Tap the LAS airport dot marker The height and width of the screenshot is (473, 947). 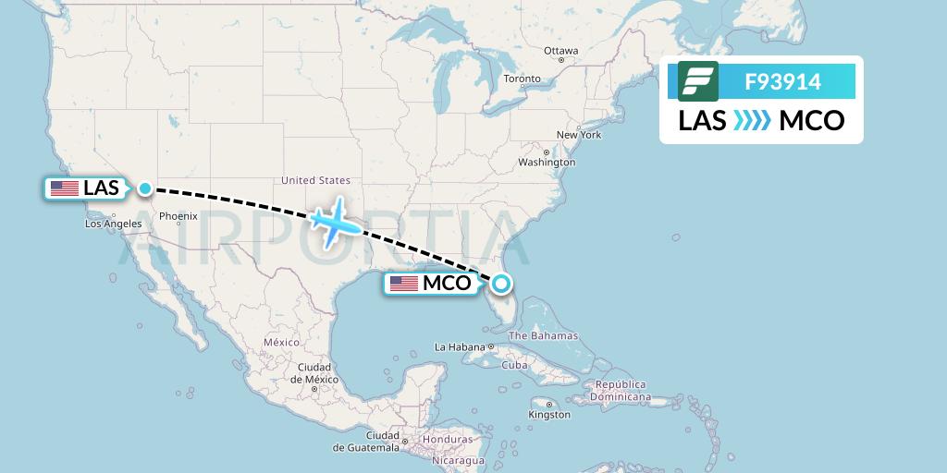[145, 188]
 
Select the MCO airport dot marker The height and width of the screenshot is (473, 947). [500, 284]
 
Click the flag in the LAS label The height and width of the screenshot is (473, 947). [65, 188]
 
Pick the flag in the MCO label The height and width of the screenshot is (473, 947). [404, 284]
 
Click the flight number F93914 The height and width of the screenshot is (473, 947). [782, 81]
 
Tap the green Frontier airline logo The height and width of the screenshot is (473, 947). [697, 81]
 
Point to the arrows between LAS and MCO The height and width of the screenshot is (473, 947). [752, 121]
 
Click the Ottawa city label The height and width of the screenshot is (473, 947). [560, 51]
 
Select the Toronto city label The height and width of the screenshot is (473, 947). [522, 79]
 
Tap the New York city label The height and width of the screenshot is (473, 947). [579, 135]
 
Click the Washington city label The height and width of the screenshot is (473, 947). [547, 163]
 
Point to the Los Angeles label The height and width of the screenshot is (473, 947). [113, 224]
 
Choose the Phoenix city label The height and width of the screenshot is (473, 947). [178, 216]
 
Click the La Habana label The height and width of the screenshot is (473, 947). [460, 347]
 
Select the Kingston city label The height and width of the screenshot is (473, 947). [550, 415]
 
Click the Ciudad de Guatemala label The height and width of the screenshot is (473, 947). [369, 442]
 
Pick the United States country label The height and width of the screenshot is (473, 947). [315, 180]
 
